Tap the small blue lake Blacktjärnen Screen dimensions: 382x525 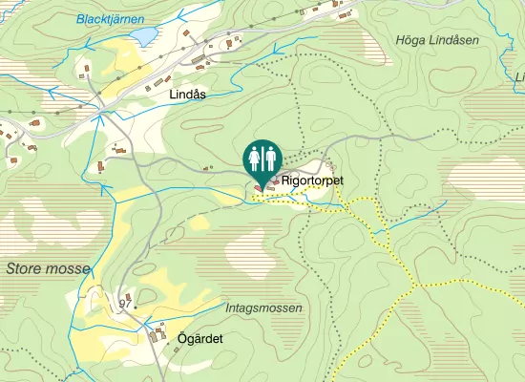[144, 36]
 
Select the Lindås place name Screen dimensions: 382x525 [187, 95]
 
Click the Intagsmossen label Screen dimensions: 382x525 [264, 308]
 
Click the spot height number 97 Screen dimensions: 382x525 [124, 303]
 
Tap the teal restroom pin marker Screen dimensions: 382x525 [262, 159]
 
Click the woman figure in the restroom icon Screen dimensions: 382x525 [254, 157]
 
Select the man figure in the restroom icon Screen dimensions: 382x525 [270, 157]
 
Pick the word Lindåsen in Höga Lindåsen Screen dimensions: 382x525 [455, 39]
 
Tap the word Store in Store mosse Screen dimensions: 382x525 [25, 268]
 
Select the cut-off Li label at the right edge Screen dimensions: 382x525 [519, 76]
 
